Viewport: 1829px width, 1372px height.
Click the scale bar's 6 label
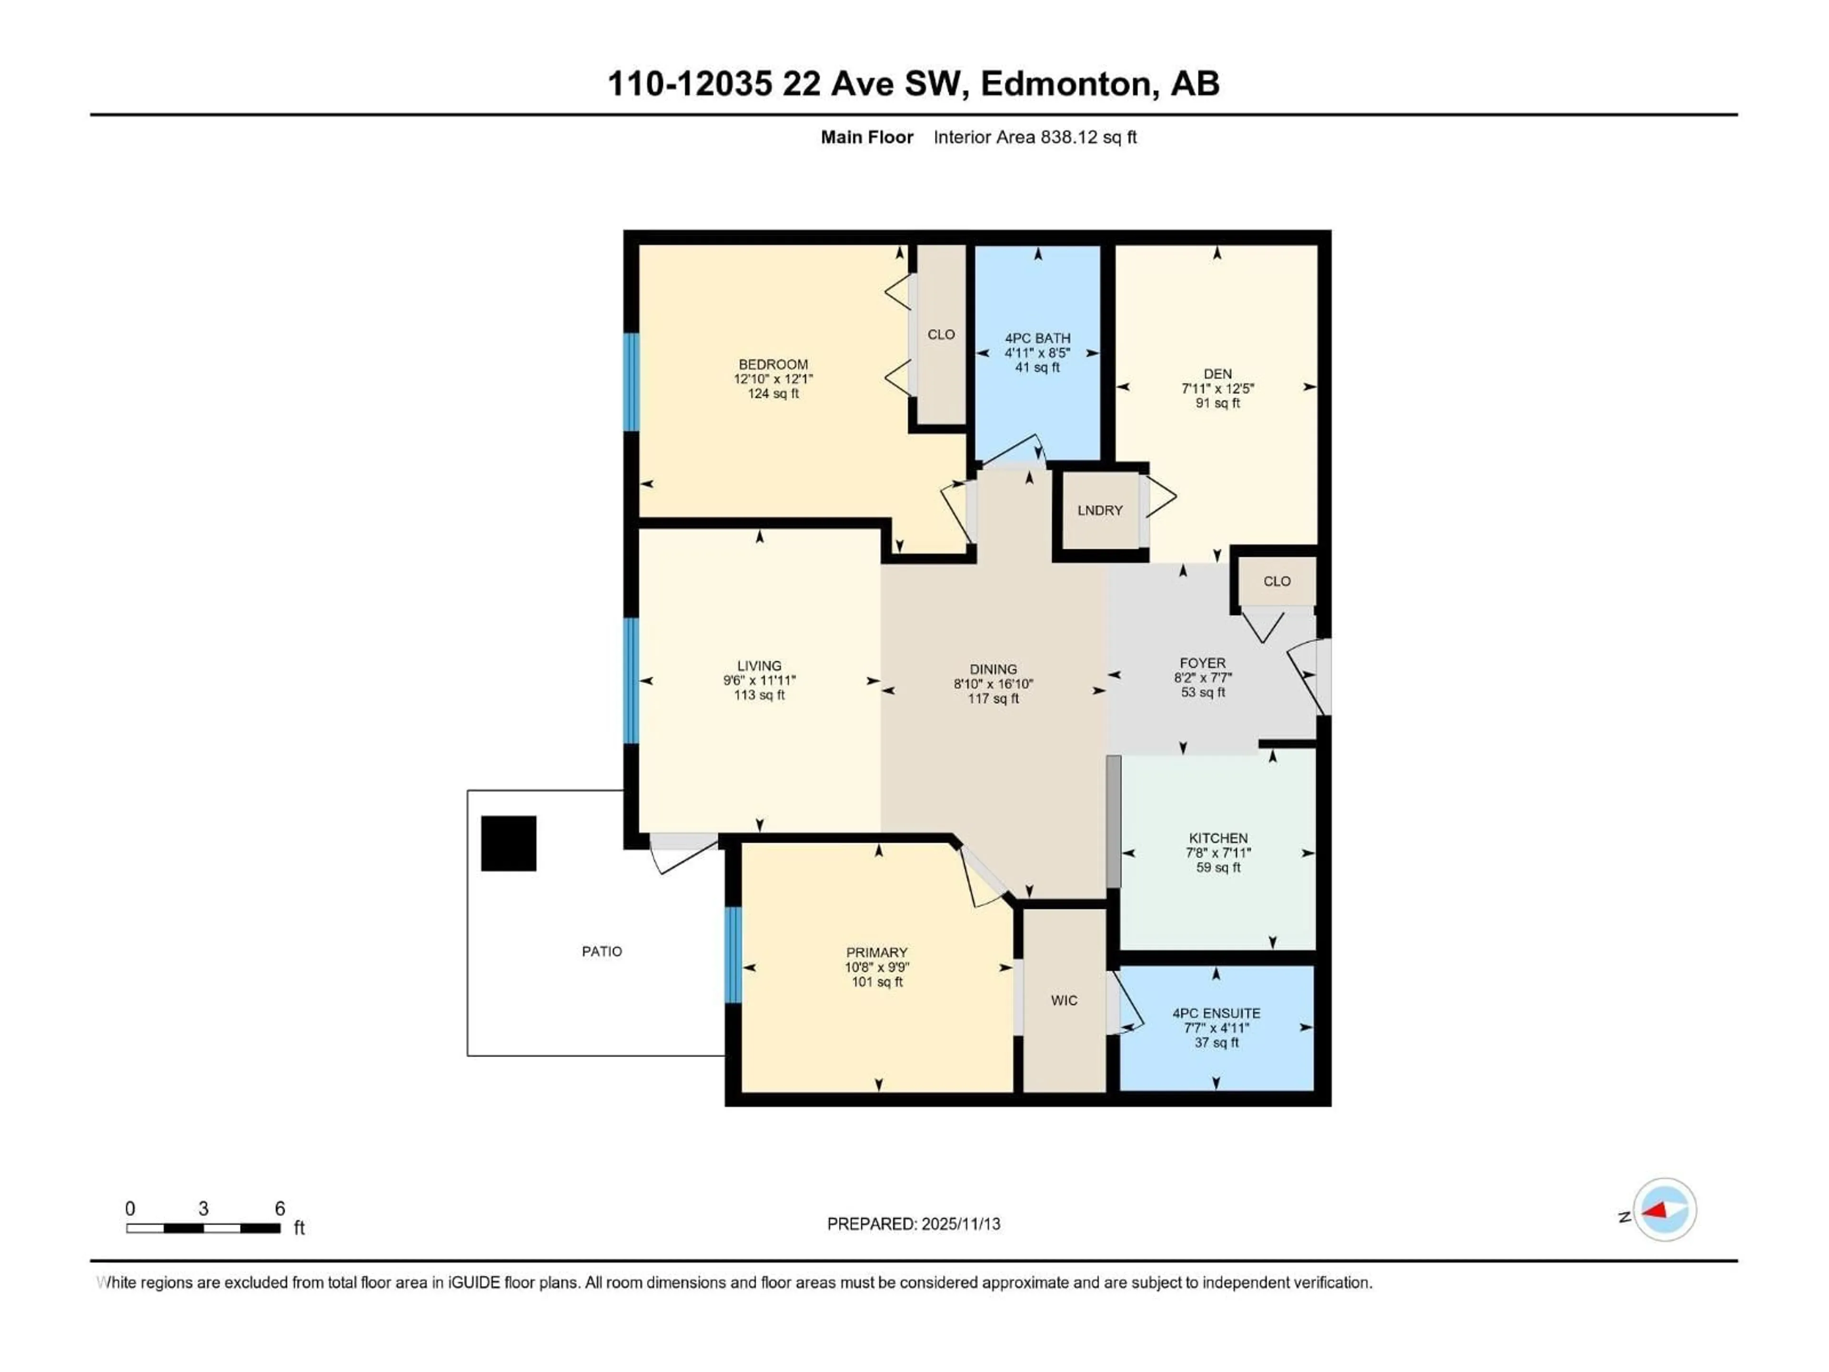(x=280, y=1208)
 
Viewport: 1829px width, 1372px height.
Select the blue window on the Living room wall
(x=632, y=681)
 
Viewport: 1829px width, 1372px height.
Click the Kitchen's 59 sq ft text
(x=1218, y=868)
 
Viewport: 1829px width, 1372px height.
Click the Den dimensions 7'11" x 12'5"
(x=1217, y=388)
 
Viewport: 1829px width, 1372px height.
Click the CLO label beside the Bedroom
(x=941, y=334)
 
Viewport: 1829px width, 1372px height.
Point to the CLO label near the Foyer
(x=1276, y=581)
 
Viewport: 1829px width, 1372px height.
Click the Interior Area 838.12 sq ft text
(x=1035, y=137)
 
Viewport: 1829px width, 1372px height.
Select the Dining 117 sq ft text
(x=993, y=699)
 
